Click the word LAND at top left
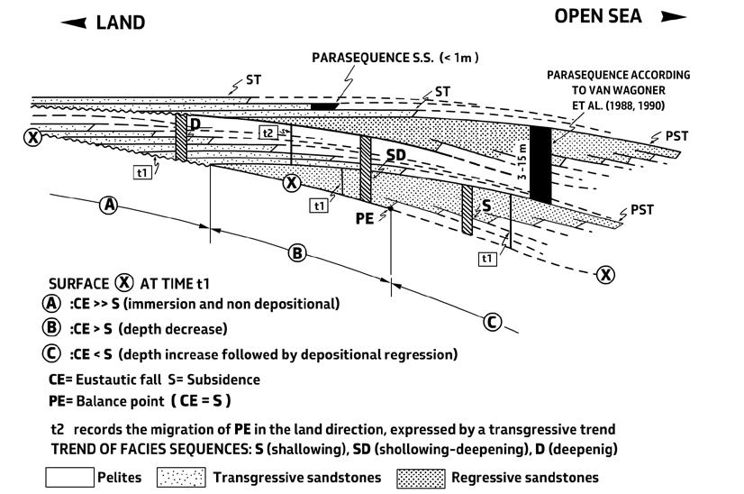[120, 23]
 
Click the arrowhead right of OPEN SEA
[673, 16]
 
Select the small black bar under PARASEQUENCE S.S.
[324, 106]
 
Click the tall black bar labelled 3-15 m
[540, 164]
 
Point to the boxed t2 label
[268, 133]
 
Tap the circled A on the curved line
[109, 205]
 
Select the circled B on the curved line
[297, 252]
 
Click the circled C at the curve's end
[492, 321]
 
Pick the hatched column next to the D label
[181, 138]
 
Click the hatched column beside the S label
[467, 210]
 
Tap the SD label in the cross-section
[396, 156]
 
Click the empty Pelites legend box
[71, 477]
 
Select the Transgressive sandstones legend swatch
[182, 477]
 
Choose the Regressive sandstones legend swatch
[421, 477]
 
